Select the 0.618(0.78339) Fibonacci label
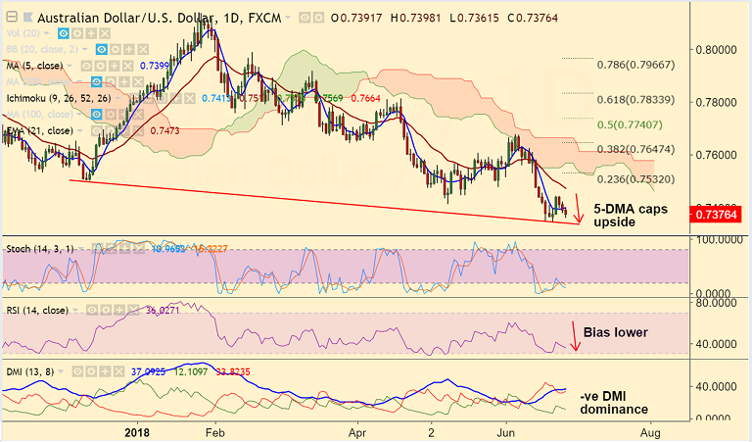point(635,99)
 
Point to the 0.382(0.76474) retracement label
point(635,149)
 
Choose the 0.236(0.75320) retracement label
point(635,178)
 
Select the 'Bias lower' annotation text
point(615,332)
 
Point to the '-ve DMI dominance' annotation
point(614,402)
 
